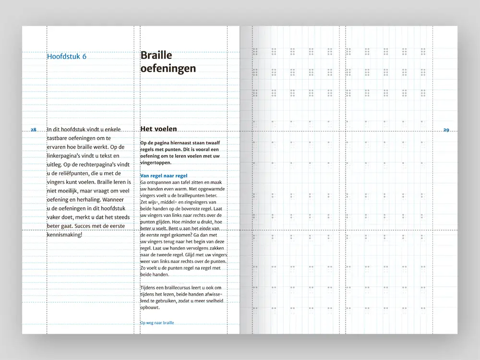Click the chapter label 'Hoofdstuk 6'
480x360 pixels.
pyautogui.click(x=67, y=57)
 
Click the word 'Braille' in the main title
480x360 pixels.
pyautogui.click(x=156, y=56)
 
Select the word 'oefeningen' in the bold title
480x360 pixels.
pyautogui.click(x=168, y=69)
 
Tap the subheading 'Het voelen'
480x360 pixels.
pyautogui.click(x=158, y=129)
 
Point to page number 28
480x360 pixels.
pyautogui.click(x=33, y=130)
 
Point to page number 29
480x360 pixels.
pyautogui.click(x=446, y=130)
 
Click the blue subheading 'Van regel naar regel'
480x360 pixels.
pyautogui.click(x=164, y=176)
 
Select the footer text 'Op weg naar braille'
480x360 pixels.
pyautogui.click(x=157, y=323)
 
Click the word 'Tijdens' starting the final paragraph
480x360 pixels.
pyautogui.click(x=148, y=288)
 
